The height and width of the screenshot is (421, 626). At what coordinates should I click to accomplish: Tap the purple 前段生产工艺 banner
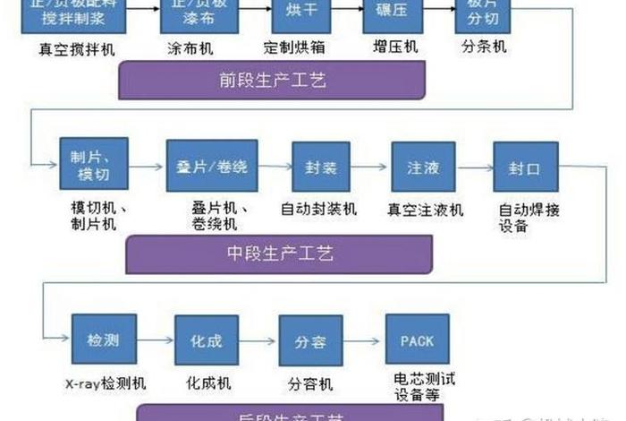pos(272,81)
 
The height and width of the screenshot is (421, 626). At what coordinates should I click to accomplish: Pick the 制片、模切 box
pos(94,165)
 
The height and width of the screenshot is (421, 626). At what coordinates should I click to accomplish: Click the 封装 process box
pos(320,167)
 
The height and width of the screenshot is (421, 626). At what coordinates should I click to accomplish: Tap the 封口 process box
pos(525,167)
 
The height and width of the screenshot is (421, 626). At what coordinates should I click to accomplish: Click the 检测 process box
pos(104,339)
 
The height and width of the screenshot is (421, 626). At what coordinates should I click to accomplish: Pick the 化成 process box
pos(207,339)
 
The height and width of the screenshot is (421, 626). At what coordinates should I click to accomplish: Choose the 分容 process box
pos(310,340)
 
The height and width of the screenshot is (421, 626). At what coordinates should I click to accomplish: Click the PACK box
pos(417,339)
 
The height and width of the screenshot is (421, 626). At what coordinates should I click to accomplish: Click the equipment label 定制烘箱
pos(296,47)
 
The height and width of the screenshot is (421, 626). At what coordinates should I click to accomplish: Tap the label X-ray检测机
pos(106,383)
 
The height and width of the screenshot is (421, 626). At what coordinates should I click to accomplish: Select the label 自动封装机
pos(319,210)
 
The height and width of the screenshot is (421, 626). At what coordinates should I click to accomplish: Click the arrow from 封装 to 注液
pos(371,168)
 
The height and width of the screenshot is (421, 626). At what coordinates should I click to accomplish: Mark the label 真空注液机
pos(425,210)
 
